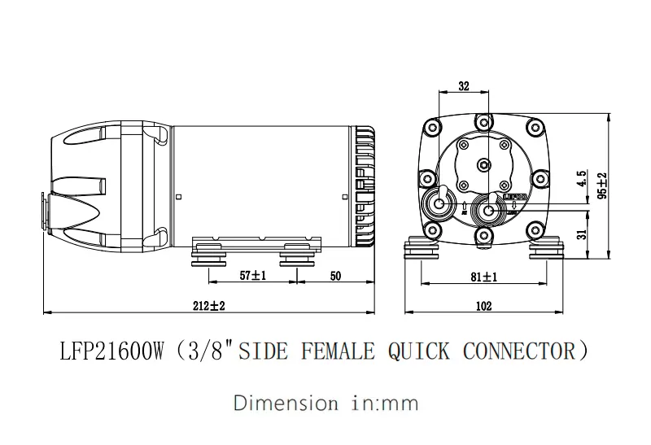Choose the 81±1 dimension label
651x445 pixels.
(484, 277)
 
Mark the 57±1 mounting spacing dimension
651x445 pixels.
(253, 277)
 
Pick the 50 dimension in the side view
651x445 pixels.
(334, 277)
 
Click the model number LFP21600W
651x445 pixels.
(112, 351)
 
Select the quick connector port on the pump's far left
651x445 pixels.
(42, 209)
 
